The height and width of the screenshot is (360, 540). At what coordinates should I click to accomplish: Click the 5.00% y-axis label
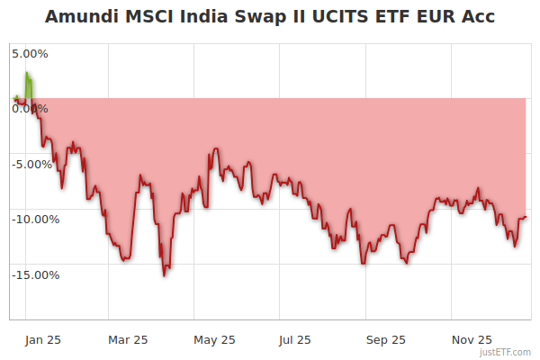(30, 53)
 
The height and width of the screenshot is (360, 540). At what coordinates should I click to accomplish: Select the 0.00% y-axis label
(30, 109)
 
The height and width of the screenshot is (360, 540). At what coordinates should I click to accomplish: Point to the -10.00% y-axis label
(35, 220)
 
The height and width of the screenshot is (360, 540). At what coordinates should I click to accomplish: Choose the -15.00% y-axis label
(35, 274)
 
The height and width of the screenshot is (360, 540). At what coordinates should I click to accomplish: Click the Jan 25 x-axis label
(41, 339)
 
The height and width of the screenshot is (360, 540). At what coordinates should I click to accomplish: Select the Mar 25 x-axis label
(128, 339)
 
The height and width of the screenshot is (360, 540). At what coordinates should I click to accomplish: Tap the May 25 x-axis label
(214, 339)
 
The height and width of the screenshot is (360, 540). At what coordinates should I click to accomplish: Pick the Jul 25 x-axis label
(295, 339)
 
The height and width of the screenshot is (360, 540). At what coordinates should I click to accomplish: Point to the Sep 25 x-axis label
(385, 339)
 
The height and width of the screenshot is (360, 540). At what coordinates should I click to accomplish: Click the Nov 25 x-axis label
(472, 339)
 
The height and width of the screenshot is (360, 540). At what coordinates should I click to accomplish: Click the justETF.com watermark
(505, 352)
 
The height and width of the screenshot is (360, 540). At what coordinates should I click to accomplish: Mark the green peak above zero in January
(28, 73)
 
